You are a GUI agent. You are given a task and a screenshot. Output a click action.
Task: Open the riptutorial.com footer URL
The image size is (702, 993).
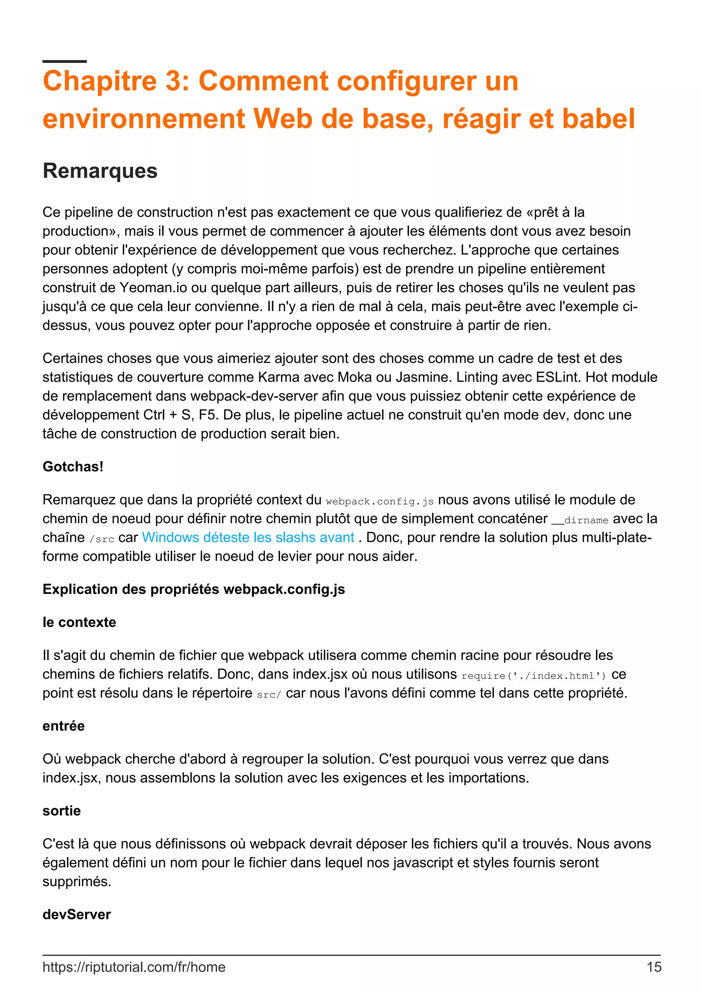(x=134, y=967)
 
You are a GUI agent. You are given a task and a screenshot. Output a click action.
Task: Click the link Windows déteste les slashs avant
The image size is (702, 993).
(x=248, y=537)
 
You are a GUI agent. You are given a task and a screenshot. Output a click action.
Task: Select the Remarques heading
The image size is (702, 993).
(x=100, y=170)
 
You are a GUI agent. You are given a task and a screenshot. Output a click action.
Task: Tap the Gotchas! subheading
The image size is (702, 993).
(x=73, y=467)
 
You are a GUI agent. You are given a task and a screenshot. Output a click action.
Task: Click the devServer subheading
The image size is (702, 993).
(x=76, y=914)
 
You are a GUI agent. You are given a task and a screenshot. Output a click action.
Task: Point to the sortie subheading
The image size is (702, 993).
(x=61, y=810)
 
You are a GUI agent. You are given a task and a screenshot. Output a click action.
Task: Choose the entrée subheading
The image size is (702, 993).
(x=63, y=726)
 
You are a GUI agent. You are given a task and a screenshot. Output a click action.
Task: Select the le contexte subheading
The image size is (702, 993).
(x=79, y=622)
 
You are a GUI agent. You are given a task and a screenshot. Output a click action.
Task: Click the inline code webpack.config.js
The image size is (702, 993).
(x=379, y=501)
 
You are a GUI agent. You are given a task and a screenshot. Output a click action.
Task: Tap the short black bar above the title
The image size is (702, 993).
(x=64, y=61)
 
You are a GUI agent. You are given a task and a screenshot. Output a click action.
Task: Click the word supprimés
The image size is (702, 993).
(x=76, y=881)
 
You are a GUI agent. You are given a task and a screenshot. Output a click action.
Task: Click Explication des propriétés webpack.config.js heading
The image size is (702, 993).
(x=193, y=589)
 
